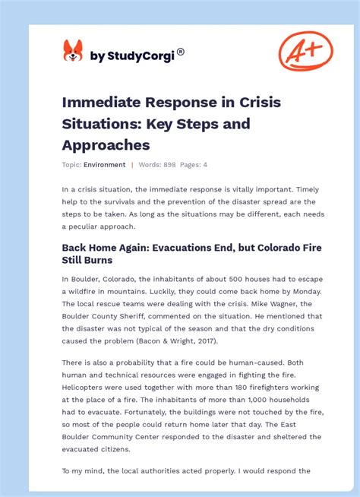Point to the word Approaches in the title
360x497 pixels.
(106, 144)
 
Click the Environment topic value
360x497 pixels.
(105, 165)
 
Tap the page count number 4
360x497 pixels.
(204, 165)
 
